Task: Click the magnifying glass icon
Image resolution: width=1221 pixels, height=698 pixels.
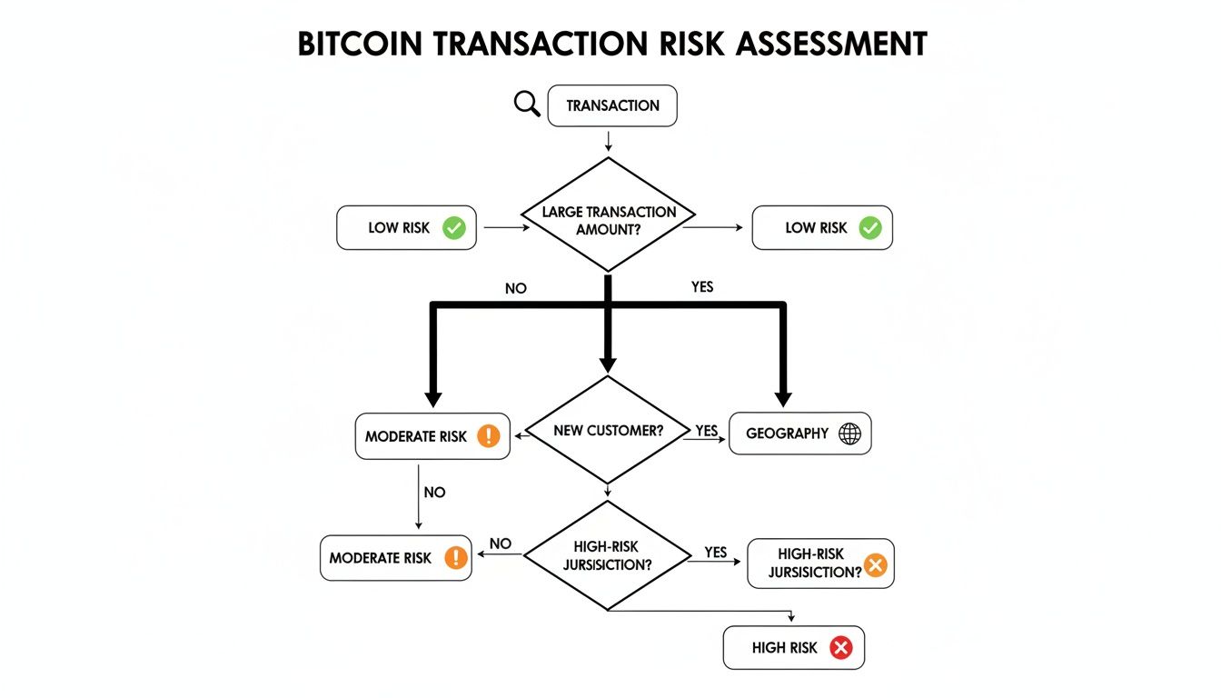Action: (527, 104)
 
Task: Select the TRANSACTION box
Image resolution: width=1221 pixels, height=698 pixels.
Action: (612, 105)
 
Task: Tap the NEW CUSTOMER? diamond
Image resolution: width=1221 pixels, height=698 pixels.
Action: (608, 430)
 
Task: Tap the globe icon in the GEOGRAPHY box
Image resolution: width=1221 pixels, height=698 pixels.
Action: (849, 434)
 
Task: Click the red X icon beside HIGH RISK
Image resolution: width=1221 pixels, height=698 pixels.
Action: (841, 648)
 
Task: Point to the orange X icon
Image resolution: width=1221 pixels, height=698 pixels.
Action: (875, 565)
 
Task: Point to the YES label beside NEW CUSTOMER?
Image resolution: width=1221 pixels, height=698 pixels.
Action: (707, 430)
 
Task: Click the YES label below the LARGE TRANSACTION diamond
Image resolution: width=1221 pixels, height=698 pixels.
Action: (702, 287)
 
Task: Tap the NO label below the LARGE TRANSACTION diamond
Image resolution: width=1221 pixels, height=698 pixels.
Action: (515, 289)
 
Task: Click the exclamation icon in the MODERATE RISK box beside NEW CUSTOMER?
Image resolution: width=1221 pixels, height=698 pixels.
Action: (488, 436)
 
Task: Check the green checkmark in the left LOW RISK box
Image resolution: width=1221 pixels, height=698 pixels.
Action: (453, 227)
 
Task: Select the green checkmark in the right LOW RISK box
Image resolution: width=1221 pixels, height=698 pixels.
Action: (870, 227)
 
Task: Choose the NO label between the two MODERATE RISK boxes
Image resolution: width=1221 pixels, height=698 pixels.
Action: (434, 492)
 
